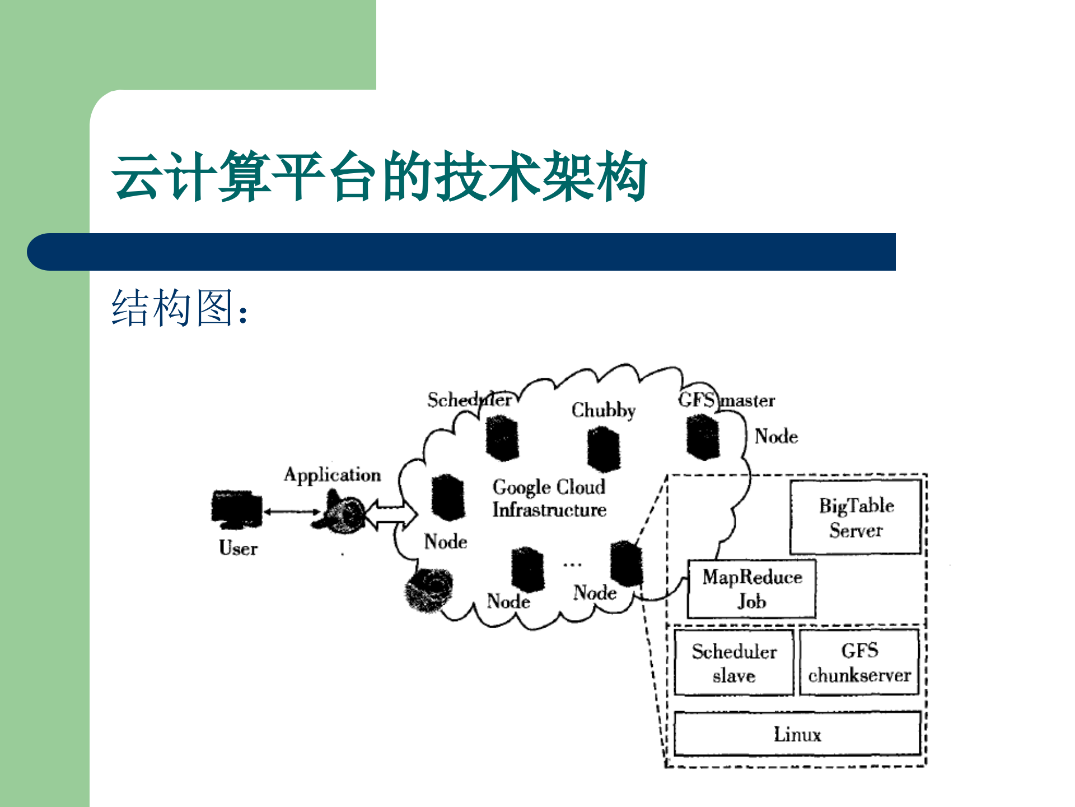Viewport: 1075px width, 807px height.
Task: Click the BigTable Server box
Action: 856,517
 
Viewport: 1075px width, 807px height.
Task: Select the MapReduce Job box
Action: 751,588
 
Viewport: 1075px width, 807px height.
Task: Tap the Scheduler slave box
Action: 733,662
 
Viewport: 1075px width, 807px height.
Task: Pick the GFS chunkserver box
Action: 859,662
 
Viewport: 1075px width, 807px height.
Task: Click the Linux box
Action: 797,734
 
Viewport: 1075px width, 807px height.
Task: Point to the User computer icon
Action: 236,509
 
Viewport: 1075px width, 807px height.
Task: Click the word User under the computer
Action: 238,548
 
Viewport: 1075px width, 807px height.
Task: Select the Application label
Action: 332,475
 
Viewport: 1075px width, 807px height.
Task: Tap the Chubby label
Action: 603,410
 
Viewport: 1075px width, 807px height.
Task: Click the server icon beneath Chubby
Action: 603,449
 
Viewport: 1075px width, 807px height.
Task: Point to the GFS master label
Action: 726,400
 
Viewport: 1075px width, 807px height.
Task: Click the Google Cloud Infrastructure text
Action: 549,498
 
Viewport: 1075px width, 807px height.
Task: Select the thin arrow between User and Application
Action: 292,512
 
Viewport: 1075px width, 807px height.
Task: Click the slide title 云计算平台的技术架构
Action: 380,176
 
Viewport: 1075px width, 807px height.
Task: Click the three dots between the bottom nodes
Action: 572,565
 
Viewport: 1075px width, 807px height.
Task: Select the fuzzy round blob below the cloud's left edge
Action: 428,590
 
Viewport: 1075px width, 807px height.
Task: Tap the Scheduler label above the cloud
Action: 469,400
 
